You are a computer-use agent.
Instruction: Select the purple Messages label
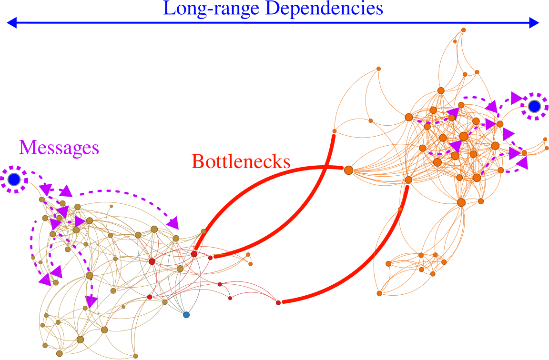click(x=59, y=148)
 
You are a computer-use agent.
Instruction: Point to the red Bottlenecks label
click(x=241, y=161)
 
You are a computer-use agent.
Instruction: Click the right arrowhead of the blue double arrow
click(x=534, y=22)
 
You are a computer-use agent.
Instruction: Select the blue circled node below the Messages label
click(x=14, y=180)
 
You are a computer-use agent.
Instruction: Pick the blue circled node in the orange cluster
click(x=534, y=106)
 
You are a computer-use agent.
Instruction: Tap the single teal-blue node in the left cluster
click(x=186, y=315)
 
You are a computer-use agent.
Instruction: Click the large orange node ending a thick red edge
click(x=348, y=170)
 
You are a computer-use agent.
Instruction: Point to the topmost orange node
click(x=463, y=30)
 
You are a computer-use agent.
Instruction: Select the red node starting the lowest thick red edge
click(x=278, y=302)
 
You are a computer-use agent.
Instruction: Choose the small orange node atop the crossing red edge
click(x=334, y=131)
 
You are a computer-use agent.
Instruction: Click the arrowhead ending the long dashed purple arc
click(x=173, y=222)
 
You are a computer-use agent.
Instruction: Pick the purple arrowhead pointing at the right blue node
click(x=516, y=98)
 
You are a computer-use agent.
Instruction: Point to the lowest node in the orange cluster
click(x=379, y=293)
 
